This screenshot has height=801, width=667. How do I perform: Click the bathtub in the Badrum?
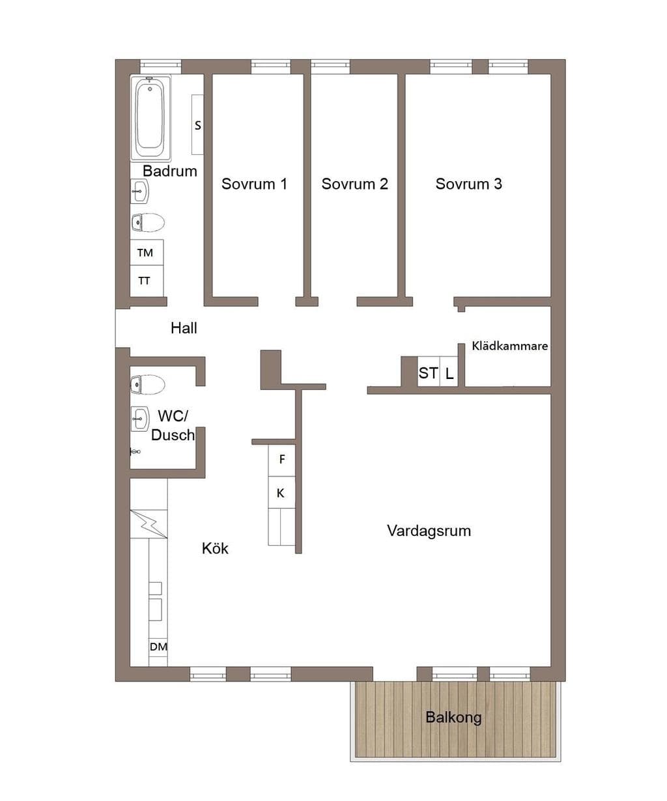(x=150, y=118)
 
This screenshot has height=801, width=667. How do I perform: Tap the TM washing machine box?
(x=147, y=253)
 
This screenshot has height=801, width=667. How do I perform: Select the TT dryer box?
(x=147, y=281)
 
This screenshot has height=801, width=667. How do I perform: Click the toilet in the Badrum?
(x=148, y=223)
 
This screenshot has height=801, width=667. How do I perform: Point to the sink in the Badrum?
(x=139, y=191)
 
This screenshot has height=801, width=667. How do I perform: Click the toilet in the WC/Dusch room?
(x=148, y=384)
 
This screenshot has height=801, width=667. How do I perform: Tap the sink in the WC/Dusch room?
(x=139, y=419)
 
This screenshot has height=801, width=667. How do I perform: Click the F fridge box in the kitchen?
(x=281, y=460)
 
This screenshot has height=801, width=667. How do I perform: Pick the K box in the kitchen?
(x=281, y=492)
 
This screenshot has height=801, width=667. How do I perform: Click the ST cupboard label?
(x=428, y=373)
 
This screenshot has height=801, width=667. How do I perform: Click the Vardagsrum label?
(x=429, y=531)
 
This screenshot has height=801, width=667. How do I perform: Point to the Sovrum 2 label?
(x=354, y=184)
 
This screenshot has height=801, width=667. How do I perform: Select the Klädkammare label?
(x=509, y=346)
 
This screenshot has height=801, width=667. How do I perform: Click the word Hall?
(x=184, y=328)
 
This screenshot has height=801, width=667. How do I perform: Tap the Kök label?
(x=215, y=548)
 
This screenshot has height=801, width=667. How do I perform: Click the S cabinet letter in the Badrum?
(x=197, y=126)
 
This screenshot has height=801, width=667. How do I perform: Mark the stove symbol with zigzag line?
(x=149, y=524)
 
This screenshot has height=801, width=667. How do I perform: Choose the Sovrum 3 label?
(x=468, y=184)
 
